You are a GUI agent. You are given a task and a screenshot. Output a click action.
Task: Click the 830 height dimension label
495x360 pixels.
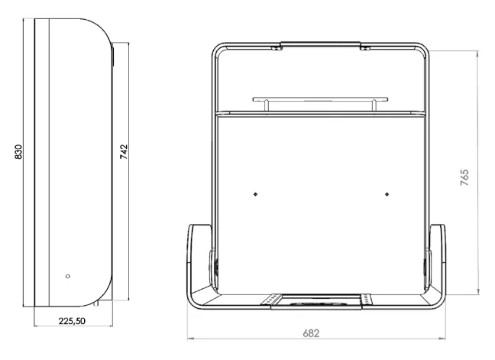(x=18, y=151)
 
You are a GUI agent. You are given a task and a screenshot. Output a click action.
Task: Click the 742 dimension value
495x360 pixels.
(x=124, y=151)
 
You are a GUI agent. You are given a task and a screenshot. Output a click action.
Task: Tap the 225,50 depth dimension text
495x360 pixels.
(x=72, y=321)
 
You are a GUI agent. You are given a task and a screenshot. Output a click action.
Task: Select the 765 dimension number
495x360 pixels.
(x=464, y=177)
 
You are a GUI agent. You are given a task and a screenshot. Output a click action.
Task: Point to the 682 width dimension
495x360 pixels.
(x=311, y=333)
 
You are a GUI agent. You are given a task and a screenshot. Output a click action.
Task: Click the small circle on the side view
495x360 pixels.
(x=67, y=277)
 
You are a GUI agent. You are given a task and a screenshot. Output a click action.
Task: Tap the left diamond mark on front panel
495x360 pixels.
(x=255, y=194)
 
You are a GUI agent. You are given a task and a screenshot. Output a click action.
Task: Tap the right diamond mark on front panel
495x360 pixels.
(x=387, y=194)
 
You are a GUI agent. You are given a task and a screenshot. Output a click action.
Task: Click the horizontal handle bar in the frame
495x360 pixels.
(x=320, y=99)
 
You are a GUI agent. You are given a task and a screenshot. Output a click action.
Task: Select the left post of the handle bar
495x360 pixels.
(x=266, y=105)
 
